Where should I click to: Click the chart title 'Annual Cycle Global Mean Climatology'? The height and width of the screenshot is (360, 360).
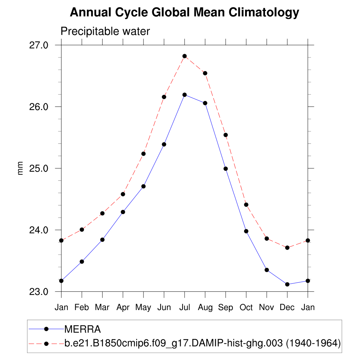point(184,13)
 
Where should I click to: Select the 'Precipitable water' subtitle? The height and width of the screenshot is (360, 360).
point(105,31)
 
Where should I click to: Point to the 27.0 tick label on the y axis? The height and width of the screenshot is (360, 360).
point(38,45)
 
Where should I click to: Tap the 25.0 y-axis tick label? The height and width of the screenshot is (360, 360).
point(38,168)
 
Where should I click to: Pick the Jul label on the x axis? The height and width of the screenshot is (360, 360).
point(184,308)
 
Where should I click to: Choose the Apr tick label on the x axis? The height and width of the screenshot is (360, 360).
point(123,308)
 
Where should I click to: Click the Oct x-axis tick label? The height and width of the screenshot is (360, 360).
point(246,308)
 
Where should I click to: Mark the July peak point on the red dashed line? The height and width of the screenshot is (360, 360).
point(185,56)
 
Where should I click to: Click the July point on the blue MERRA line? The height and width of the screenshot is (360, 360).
point(185,95)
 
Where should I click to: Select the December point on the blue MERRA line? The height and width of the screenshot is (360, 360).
point(287,284)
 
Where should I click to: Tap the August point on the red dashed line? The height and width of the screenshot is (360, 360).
point(205,73)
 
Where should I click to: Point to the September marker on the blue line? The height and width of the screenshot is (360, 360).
point(226,169)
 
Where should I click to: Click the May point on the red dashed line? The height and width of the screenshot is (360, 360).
point(143,154)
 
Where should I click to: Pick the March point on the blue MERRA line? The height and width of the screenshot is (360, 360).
point(102,240)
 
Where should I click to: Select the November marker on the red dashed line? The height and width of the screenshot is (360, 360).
point(267,239)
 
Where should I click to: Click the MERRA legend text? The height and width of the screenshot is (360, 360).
point(83,329)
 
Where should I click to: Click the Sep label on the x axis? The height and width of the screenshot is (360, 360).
point(226,308)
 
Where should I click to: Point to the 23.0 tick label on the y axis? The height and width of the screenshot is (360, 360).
point(38,292)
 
